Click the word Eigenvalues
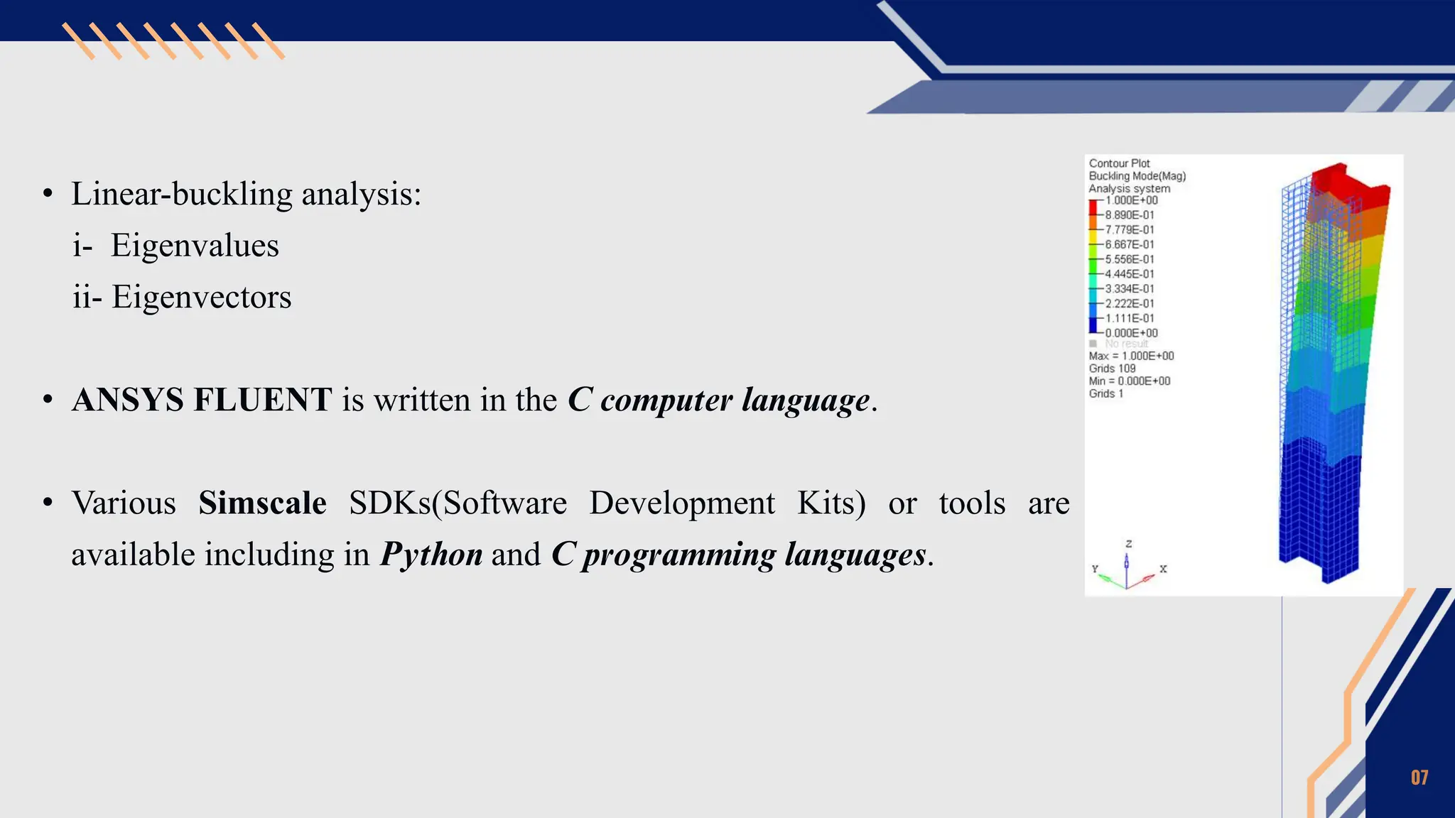click(195, 246)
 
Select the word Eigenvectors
click(202, 297)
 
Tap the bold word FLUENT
click(262, 400)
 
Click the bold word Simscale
click(262, 503)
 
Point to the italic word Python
click(431, 555)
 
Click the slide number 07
click(1419, 778)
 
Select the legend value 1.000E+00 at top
click(1131, 201)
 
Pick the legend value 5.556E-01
click(1130, 259)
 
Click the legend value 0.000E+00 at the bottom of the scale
click(1131, 333)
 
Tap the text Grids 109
click(1112, 369)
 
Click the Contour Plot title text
click(1119, 163)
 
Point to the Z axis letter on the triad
click(1129, 544)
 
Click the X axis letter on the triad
click(1163, 569)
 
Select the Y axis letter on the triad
click(1095, 569)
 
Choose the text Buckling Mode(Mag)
click(1137, 176)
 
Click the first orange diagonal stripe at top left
click(78, 41)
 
